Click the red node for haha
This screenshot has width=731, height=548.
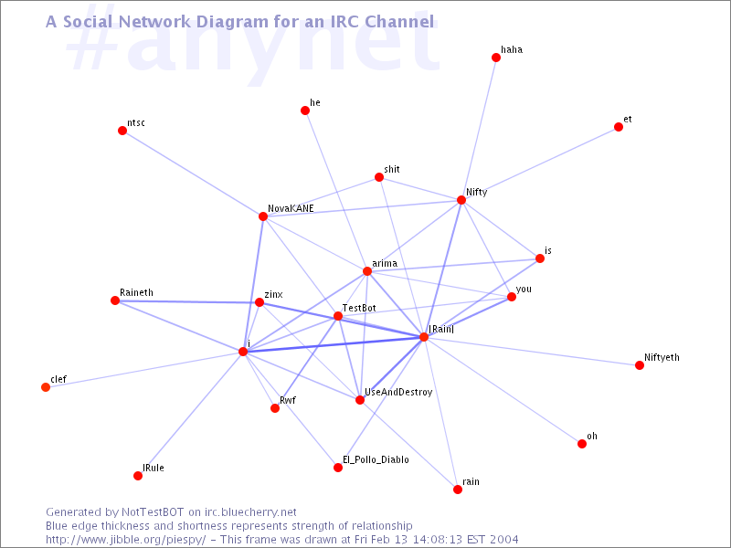(x=496, y=58)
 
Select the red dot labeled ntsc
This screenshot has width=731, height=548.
(x=122, y=131)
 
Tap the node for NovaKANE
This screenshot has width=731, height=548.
(x=263, y=216)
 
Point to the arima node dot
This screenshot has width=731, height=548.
(x=367, y=271)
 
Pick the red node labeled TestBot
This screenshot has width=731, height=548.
(x=338, y=316)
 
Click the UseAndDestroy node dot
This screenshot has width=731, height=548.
(x=360, y=400)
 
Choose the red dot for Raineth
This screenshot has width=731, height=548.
(x=115, y=300)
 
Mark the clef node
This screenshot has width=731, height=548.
(x=46, y=387)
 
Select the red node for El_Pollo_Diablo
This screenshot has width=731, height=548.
(x=338, y=468)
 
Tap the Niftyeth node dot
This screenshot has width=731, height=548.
(x=640, y=365)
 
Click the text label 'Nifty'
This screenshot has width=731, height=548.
(x=476, y=193)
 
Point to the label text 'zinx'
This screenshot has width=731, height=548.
(x=273, y=294)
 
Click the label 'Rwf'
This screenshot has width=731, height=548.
(x=288, y=400)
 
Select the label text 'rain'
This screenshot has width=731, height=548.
(x=471, y=481)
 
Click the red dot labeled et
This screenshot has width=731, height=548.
(x=619, y=127)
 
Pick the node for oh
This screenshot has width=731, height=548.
(x=581, y=444)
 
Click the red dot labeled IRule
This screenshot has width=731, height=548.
(x=138, y=476)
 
